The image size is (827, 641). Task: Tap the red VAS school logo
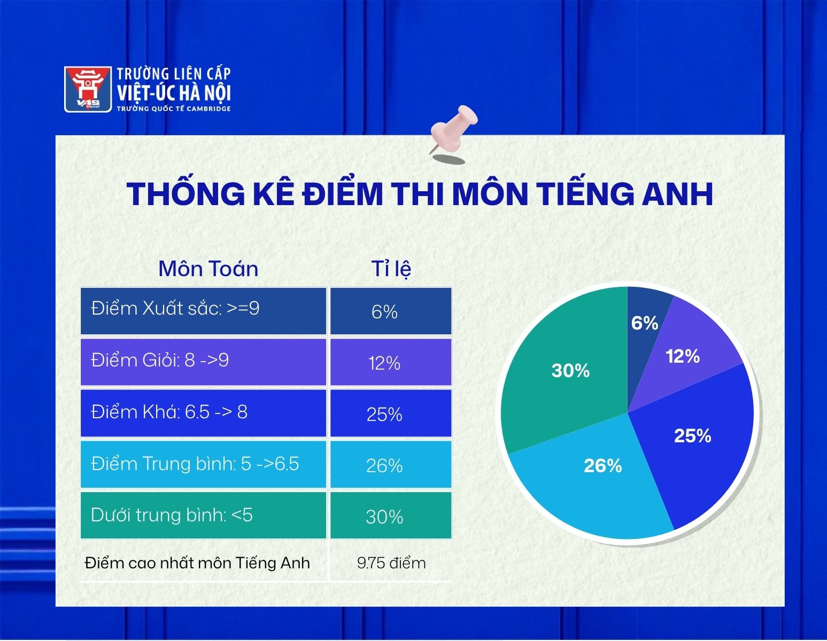tap(88, 89)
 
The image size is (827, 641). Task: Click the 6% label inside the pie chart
tap(644, 323)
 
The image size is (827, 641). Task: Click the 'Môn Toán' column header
tap(208, 269)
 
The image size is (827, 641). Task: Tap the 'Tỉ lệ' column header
tap(391, 269)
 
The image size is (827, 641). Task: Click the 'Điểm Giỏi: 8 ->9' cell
tap(203, 362)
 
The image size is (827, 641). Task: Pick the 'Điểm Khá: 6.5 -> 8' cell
tap(203, 413)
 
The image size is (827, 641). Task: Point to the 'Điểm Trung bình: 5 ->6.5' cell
tap(203, 464)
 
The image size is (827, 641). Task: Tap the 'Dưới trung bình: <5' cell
tap(203, 515)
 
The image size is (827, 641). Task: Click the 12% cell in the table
tap(391, 362)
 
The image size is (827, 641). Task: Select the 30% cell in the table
tap(391, 515)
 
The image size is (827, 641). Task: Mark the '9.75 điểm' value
tap(391, 563)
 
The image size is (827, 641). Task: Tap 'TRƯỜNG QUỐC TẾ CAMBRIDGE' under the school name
tap(174, 109)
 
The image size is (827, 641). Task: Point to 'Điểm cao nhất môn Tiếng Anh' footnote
tap(197, 563)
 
